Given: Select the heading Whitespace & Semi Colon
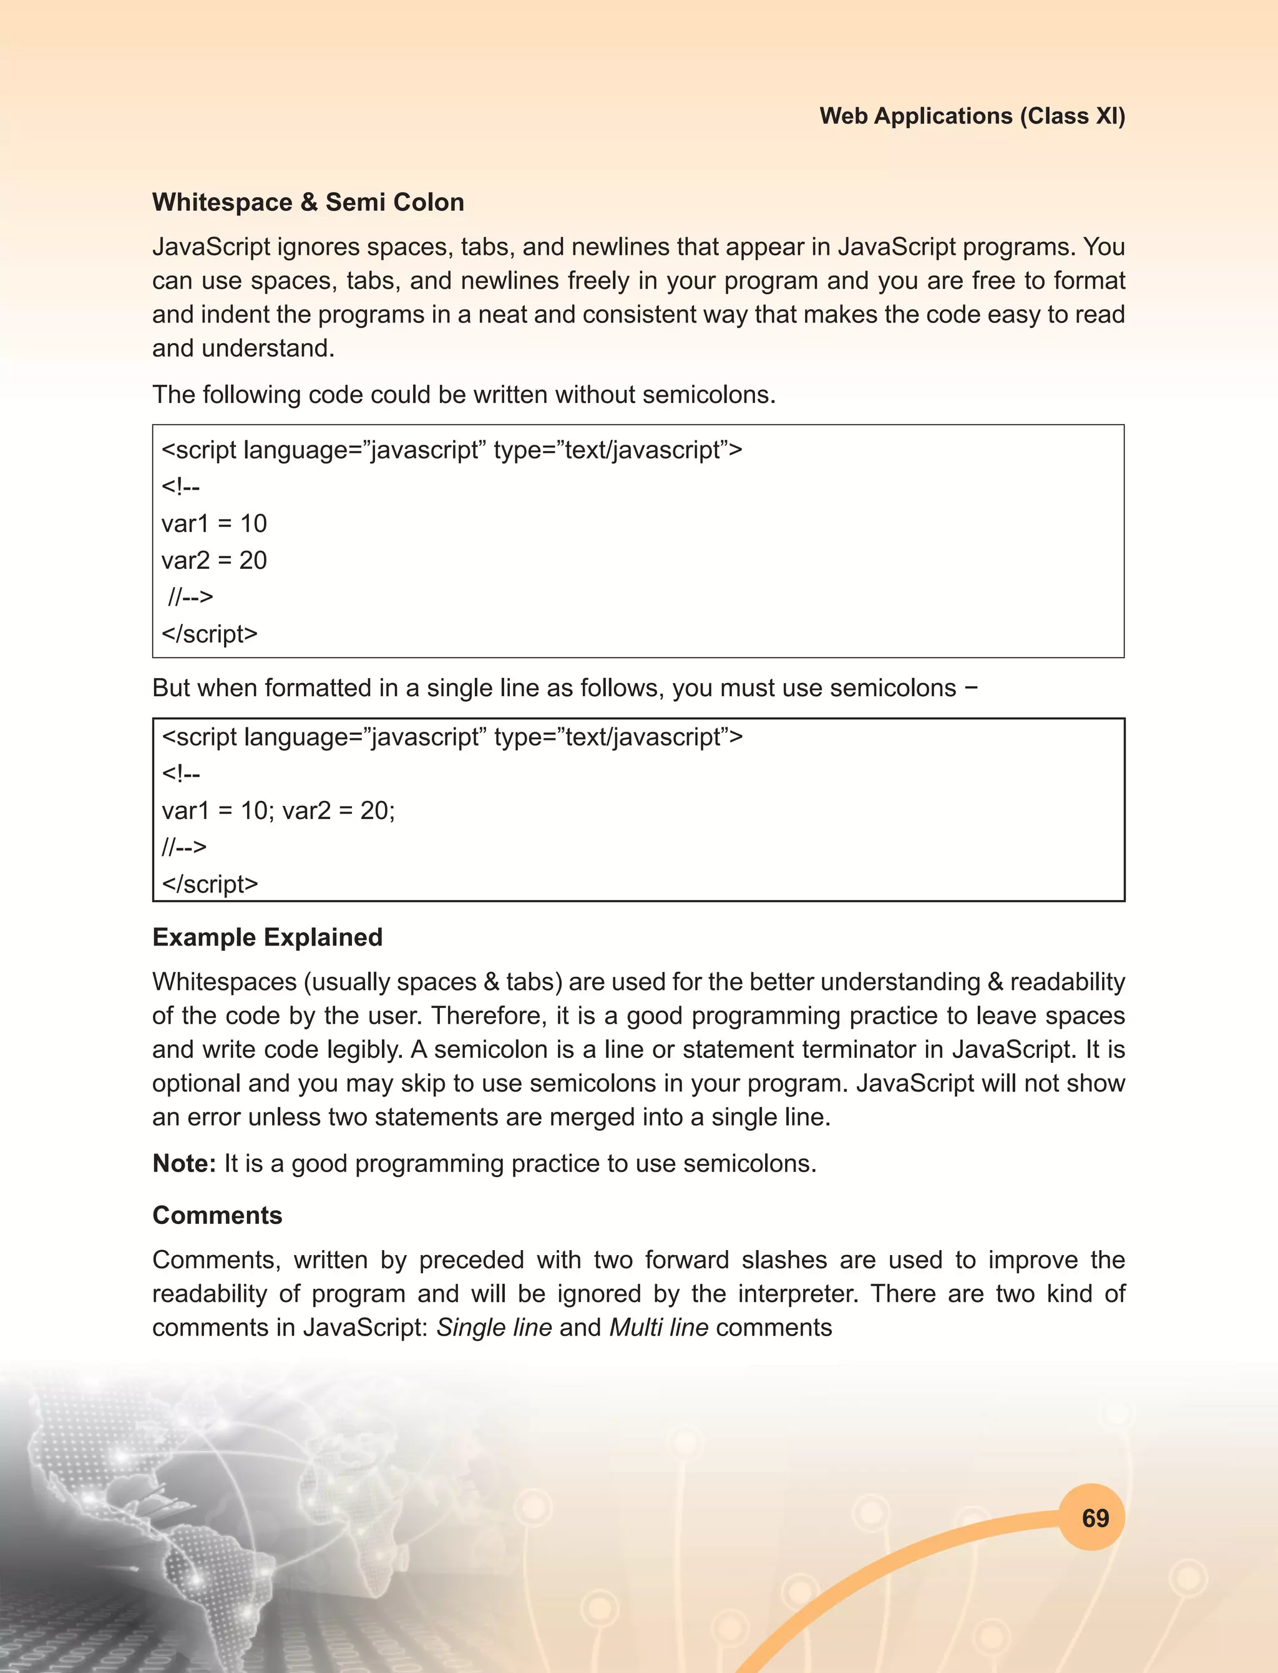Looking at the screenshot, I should pyautogui.click(x=308, y=202).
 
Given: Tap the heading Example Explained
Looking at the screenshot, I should pyautogui.click(x=267, y=937).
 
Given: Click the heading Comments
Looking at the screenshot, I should pyautogui.click(x=217, y=1215).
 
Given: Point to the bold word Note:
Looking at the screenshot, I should pyautogui.click(x=184, y=1163).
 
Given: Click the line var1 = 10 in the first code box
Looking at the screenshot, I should pyautogui.click(x=214, y=523).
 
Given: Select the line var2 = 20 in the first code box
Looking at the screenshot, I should pyautogui.click(x=214, y=560).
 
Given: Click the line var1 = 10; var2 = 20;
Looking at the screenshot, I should pyautogui.click(x=278, y=811).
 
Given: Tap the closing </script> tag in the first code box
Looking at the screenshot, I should pyautogui.click(x=210, y=634).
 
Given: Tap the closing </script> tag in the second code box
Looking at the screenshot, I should pyautogui.click(x=210, y=884).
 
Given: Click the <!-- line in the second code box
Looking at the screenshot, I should pyautogui.click(x=181, y=773).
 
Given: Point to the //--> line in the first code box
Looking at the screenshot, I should pyautogui.click(x=190, y=597).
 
